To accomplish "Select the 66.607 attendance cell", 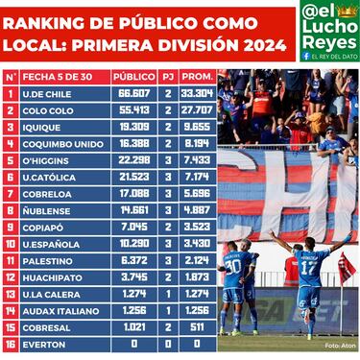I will click(133, 94).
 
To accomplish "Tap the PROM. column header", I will click(197, 76).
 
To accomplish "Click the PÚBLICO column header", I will click(133, 76).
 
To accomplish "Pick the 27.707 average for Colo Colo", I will click(197, 110).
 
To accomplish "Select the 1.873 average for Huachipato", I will click(197, 276).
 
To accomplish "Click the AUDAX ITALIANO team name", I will click(59, 309).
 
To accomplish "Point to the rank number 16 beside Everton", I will click(11, 343).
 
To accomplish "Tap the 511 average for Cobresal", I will click(197, 326).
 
